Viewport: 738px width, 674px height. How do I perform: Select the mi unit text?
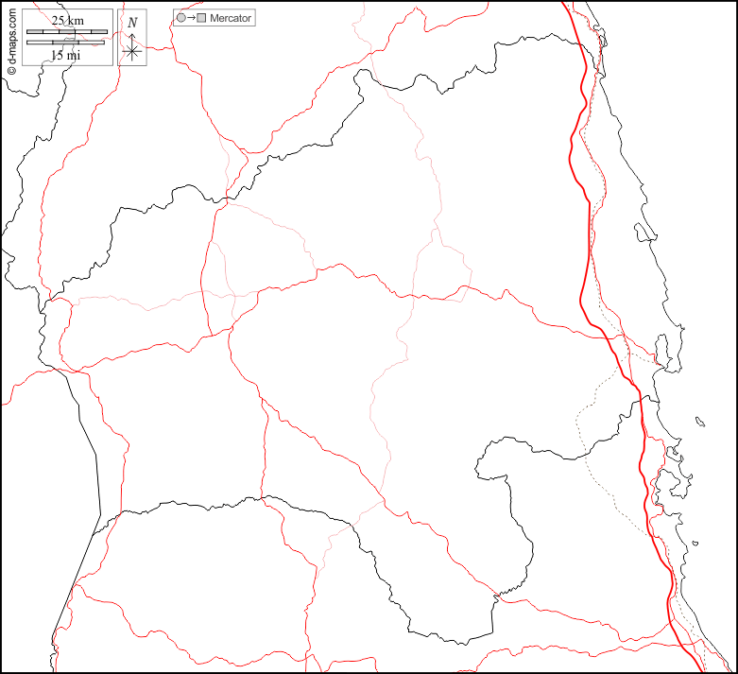74,55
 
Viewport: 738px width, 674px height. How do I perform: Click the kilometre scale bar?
66,31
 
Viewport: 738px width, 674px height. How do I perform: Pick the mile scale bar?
66,43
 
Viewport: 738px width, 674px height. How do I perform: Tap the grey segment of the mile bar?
46,43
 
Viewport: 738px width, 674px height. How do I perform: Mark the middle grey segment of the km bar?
66,31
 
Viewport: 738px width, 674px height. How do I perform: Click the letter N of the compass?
132,22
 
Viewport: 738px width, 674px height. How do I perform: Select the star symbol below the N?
132,52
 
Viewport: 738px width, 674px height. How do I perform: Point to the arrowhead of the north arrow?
132,35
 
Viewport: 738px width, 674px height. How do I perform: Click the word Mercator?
231,18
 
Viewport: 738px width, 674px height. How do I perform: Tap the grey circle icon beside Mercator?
180,18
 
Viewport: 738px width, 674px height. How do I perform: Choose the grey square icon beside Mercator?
201,18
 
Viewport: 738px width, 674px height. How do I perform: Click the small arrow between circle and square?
191,18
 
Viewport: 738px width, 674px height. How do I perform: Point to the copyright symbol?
11,70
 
